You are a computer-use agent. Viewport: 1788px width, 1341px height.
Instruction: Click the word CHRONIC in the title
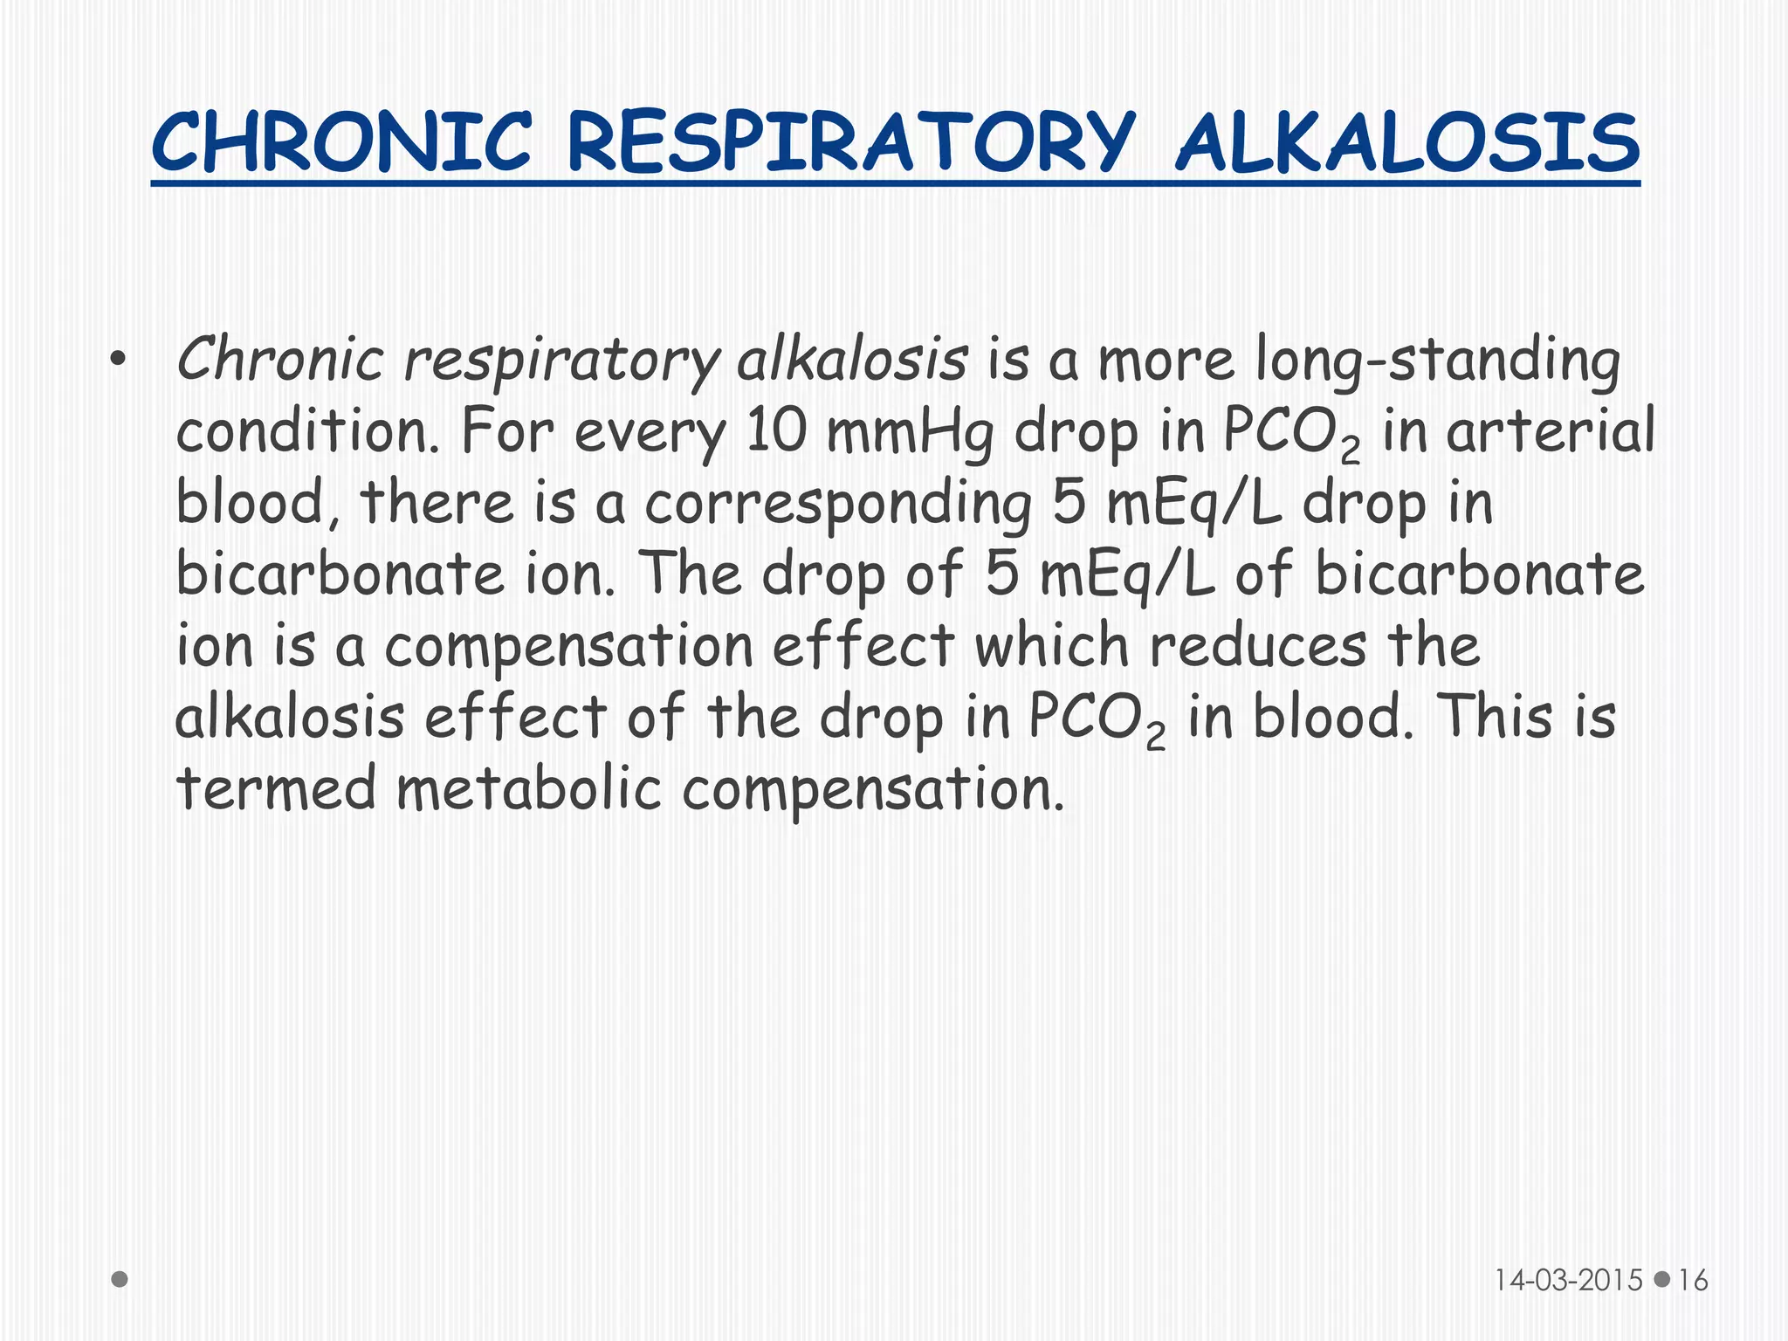tap(341, 143)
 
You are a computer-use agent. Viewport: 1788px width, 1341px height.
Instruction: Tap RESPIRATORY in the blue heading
tap(851, 143)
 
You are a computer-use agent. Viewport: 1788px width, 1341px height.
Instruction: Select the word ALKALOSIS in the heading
tap(1407, 143)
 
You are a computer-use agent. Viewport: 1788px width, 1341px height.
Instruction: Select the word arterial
tap(1550, 431)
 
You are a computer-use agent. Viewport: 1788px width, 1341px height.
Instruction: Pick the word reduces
tap(1257, 646)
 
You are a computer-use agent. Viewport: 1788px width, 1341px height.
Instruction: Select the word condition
tap(306, 431)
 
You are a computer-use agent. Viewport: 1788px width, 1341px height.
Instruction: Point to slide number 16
tap(1693, 1280)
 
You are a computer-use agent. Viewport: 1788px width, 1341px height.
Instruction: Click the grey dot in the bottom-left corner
tap(120, 1279)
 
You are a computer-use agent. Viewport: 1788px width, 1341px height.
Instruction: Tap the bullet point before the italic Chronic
tap(120, 360)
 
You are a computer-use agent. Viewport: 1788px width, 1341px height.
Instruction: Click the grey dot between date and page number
tap(1662, 1279)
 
